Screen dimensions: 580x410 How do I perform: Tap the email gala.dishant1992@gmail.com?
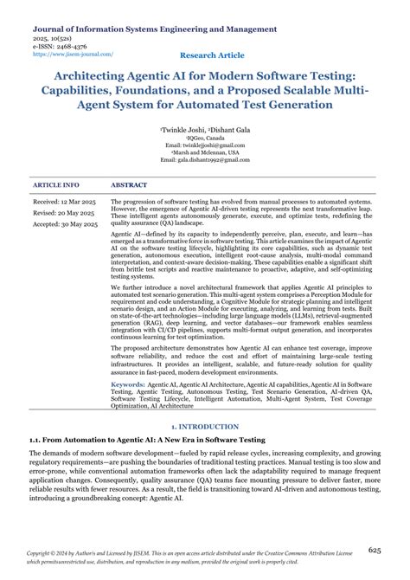coord(204,158)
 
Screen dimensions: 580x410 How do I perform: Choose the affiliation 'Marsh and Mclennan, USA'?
coord(204,151)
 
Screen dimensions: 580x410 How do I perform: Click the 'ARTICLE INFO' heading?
coord(55,185)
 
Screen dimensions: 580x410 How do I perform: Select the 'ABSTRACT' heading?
coord(129,185)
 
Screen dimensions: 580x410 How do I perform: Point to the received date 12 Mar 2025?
coord(64,202)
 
